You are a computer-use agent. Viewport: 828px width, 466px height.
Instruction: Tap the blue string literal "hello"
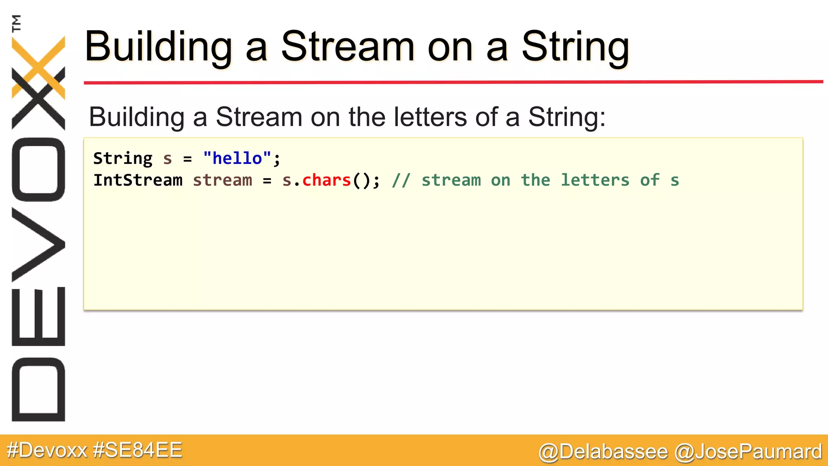pyautogui.click(x=237, y=158)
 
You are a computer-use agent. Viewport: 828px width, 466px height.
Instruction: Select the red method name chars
pyautogui.click(x=326, y=180)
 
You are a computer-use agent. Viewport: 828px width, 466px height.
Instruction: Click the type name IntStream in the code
pyautogui.click(x=138, y=180)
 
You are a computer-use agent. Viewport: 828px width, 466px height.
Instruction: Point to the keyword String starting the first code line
pyautogui.click(x=123, y=158)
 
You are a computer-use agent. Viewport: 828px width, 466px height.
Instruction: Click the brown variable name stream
pyautogui.click(x=222, y=180)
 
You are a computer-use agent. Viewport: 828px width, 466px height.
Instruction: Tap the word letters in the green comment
pyautogui.click(x=595, y=180)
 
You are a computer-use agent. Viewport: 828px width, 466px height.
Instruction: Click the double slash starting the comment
pyautogui.click(x=401, y=180)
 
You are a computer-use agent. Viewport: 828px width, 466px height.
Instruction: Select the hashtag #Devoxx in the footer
pyautogui.click(x=47, y=450)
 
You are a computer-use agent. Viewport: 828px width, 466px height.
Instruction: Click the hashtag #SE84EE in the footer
pyautogui.click(x=137, y=450)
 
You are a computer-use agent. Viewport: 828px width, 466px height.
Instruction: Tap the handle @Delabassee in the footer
pyautogui.click(x=603, y=451)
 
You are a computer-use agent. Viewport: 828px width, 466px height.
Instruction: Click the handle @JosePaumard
pyautogui.click(x=748, y=451)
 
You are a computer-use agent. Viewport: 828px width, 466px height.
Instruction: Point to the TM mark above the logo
pyautogui.click(x=16, y=23)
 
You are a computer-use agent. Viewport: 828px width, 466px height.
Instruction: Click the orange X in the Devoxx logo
pyautogui.click(x=38, y=67)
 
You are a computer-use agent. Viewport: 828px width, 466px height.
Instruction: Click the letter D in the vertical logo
pyautogui.click(x=38, y=389)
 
